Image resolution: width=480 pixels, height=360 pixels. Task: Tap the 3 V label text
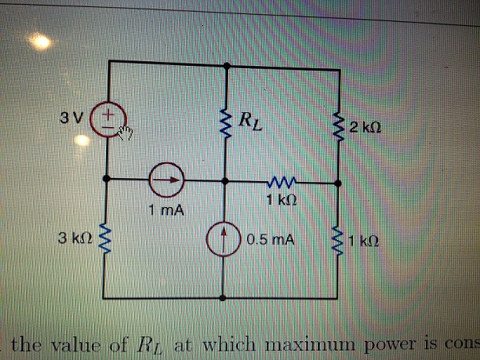pos(71,119)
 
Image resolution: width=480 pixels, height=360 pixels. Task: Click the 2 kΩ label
pos(366,126)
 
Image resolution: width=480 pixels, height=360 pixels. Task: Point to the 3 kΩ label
pos(76,238)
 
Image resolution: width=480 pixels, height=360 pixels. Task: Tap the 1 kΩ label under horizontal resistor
pos(280,200)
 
